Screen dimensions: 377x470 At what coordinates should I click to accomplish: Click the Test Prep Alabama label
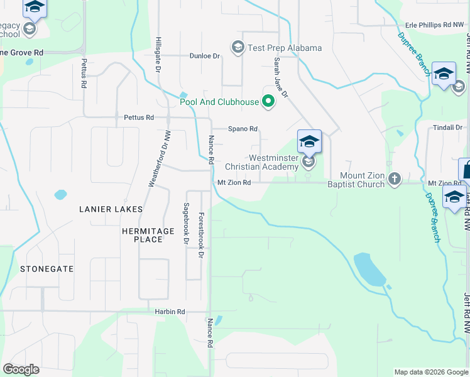[284, 48]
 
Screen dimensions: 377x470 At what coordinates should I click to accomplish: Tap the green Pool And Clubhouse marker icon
[269, 101]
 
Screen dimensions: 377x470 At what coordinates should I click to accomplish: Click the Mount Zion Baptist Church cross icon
[394, 178]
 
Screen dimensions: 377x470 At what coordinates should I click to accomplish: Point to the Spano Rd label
[243, 129]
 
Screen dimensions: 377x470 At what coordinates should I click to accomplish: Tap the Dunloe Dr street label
[205, 56]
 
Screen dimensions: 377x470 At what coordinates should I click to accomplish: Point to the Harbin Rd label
[170, 312]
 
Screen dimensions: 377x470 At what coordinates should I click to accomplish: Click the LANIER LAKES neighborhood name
[111, 209]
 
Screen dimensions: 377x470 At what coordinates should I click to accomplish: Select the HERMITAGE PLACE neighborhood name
[148, 235]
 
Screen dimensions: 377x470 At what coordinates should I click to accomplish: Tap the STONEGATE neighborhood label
[46, 269]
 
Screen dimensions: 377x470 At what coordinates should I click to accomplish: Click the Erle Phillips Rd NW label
[434, 25]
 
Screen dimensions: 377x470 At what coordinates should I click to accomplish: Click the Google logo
[21, 369]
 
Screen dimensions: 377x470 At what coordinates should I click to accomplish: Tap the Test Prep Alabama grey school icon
[238, 47]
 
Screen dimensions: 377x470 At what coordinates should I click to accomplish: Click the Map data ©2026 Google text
[430, 372]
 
